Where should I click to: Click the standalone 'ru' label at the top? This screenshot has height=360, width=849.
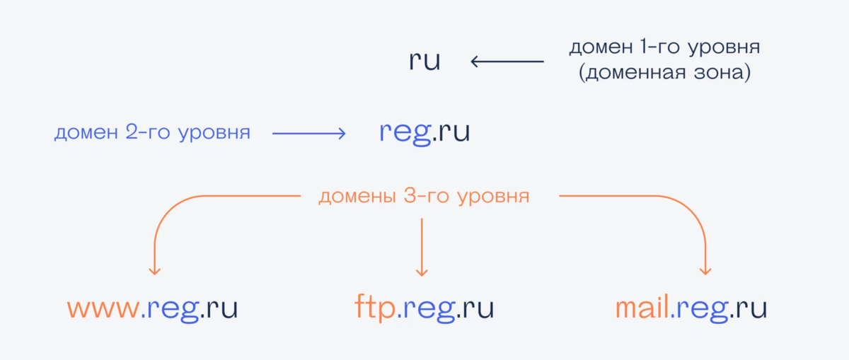(x=424, y=62)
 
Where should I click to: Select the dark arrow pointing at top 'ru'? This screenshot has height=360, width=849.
(x=507, y=62)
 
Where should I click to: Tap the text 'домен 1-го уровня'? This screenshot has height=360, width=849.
(x=664, y=48)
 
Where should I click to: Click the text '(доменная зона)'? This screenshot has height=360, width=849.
(x=664, y=74)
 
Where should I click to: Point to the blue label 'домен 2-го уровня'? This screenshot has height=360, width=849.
(x=152, y=133)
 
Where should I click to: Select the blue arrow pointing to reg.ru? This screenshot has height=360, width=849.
(x=308, y=133)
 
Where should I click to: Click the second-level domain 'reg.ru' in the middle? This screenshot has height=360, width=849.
(x=424, y=132)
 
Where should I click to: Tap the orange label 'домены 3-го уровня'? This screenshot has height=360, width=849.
(x=424, y=196)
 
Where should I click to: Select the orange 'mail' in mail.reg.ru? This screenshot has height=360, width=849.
(x=641, y=308)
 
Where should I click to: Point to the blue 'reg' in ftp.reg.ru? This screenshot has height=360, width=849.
(x=425, y=310)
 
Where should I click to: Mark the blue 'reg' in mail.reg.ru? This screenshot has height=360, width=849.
(x=700, y=310)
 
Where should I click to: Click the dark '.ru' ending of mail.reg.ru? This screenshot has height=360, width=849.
(x=749, y=310)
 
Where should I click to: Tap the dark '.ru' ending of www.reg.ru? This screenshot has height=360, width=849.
(x=219, y=310)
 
